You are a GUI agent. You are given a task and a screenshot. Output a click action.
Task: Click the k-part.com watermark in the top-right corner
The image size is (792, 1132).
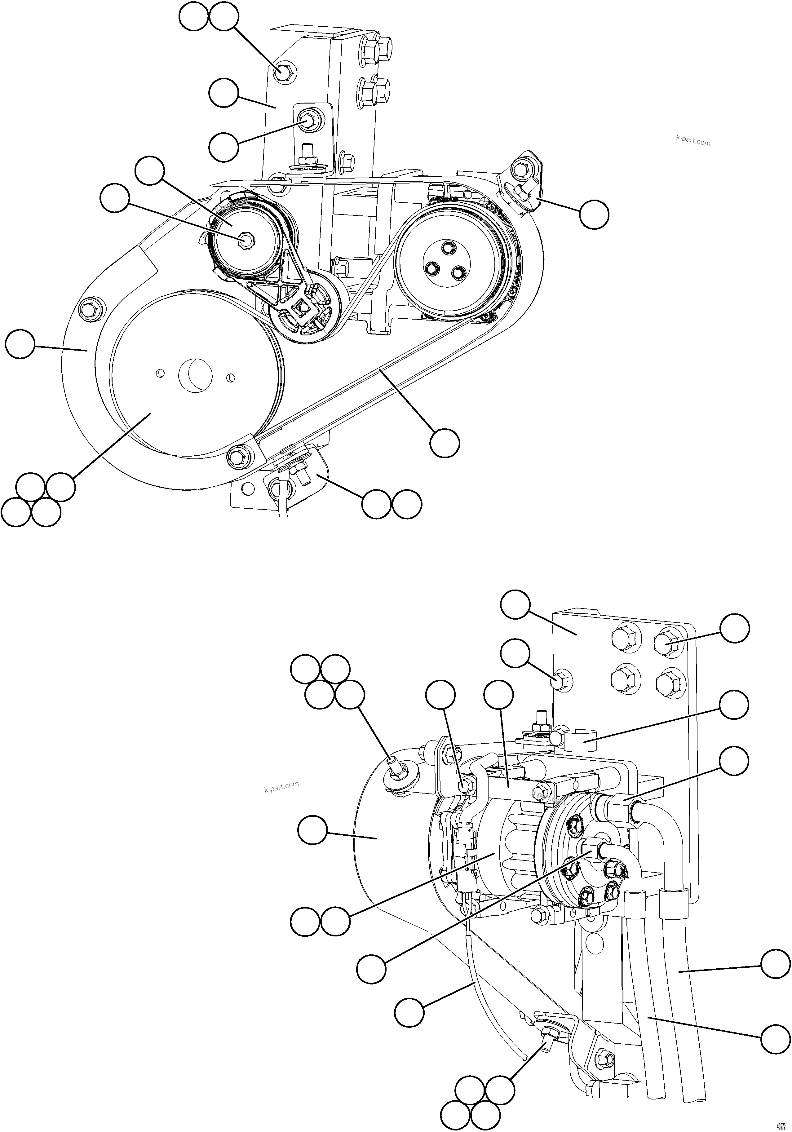point(693,141)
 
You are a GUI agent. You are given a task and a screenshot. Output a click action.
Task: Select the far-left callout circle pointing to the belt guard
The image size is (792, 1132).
point(20,345)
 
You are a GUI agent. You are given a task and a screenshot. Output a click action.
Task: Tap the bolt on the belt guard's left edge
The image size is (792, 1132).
point(91,309)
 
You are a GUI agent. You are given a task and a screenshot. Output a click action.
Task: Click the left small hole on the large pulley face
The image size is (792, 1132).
point(160,373)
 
